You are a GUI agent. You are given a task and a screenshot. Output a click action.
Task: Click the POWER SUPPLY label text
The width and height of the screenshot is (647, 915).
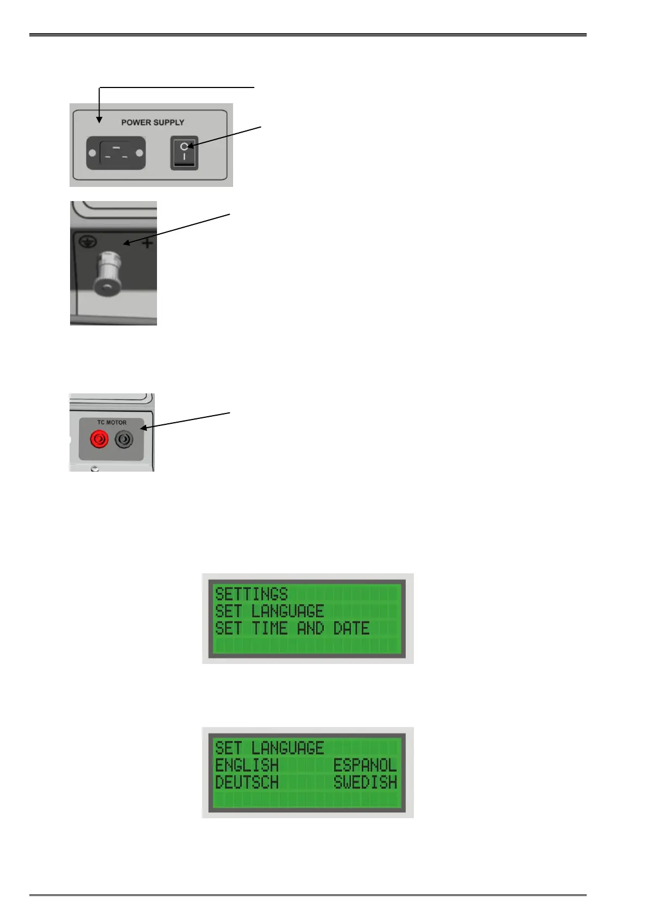pos(153,123)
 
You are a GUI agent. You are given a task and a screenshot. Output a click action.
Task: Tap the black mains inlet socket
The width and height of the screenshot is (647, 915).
pos(116,153)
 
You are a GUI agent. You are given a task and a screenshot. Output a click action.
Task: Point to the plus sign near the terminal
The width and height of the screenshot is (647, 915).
pos(147,244)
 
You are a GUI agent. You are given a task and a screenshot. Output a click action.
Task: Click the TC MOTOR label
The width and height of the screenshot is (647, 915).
pos(112,422)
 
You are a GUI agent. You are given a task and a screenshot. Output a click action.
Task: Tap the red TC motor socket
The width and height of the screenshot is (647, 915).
pos(99,439)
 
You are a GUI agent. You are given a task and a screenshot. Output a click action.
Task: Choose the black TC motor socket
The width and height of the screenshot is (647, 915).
pos(124,439)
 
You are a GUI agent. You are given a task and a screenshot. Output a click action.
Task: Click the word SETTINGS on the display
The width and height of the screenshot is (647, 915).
pos(252,593)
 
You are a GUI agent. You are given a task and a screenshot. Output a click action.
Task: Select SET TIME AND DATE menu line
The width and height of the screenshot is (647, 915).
pos(292,629)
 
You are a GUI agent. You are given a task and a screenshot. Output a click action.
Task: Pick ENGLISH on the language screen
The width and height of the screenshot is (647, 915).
pos(247,765)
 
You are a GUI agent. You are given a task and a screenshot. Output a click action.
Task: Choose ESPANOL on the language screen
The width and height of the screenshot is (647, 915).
pos(365,765)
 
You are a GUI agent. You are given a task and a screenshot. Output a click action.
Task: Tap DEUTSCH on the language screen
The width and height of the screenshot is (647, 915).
pos(247,782)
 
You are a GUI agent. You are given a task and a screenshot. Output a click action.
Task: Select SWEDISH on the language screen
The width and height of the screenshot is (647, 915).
pos(365,782)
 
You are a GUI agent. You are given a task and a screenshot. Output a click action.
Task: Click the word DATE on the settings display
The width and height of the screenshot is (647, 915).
pos(351,629)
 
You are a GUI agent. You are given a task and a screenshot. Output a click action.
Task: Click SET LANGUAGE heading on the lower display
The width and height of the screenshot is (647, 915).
pos(269,748)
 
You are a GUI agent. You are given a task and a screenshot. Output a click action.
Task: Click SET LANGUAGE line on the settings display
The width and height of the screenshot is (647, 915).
pos(269,611)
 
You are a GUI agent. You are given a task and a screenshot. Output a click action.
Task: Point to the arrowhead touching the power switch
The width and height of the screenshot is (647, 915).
pos(190,146)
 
